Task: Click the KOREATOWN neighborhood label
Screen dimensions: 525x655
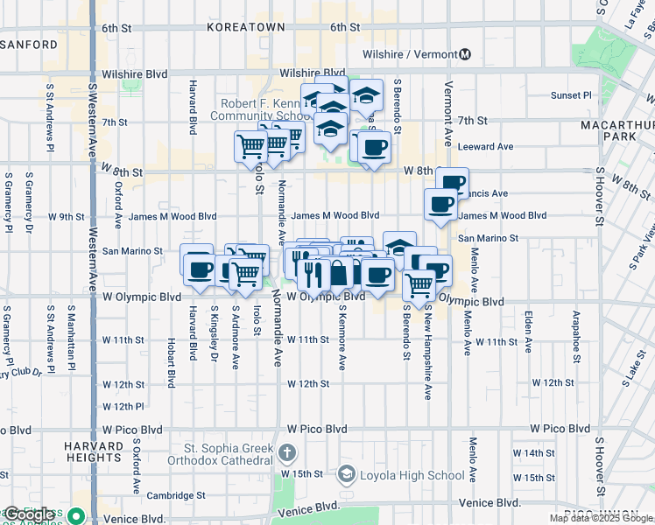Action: [246, 27]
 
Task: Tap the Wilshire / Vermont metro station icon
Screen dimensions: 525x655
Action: [465, 54]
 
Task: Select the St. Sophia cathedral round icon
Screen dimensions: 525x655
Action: [288, 453]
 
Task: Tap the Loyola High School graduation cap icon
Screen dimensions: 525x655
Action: [346, 475]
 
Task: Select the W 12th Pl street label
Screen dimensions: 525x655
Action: [123, 406]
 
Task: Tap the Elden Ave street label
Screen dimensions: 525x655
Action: [529, 331]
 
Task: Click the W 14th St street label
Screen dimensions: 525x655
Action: [540, 453]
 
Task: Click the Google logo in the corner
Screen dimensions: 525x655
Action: [30, 514]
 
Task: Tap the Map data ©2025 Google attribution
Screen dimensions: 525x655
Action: [601, 519]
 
